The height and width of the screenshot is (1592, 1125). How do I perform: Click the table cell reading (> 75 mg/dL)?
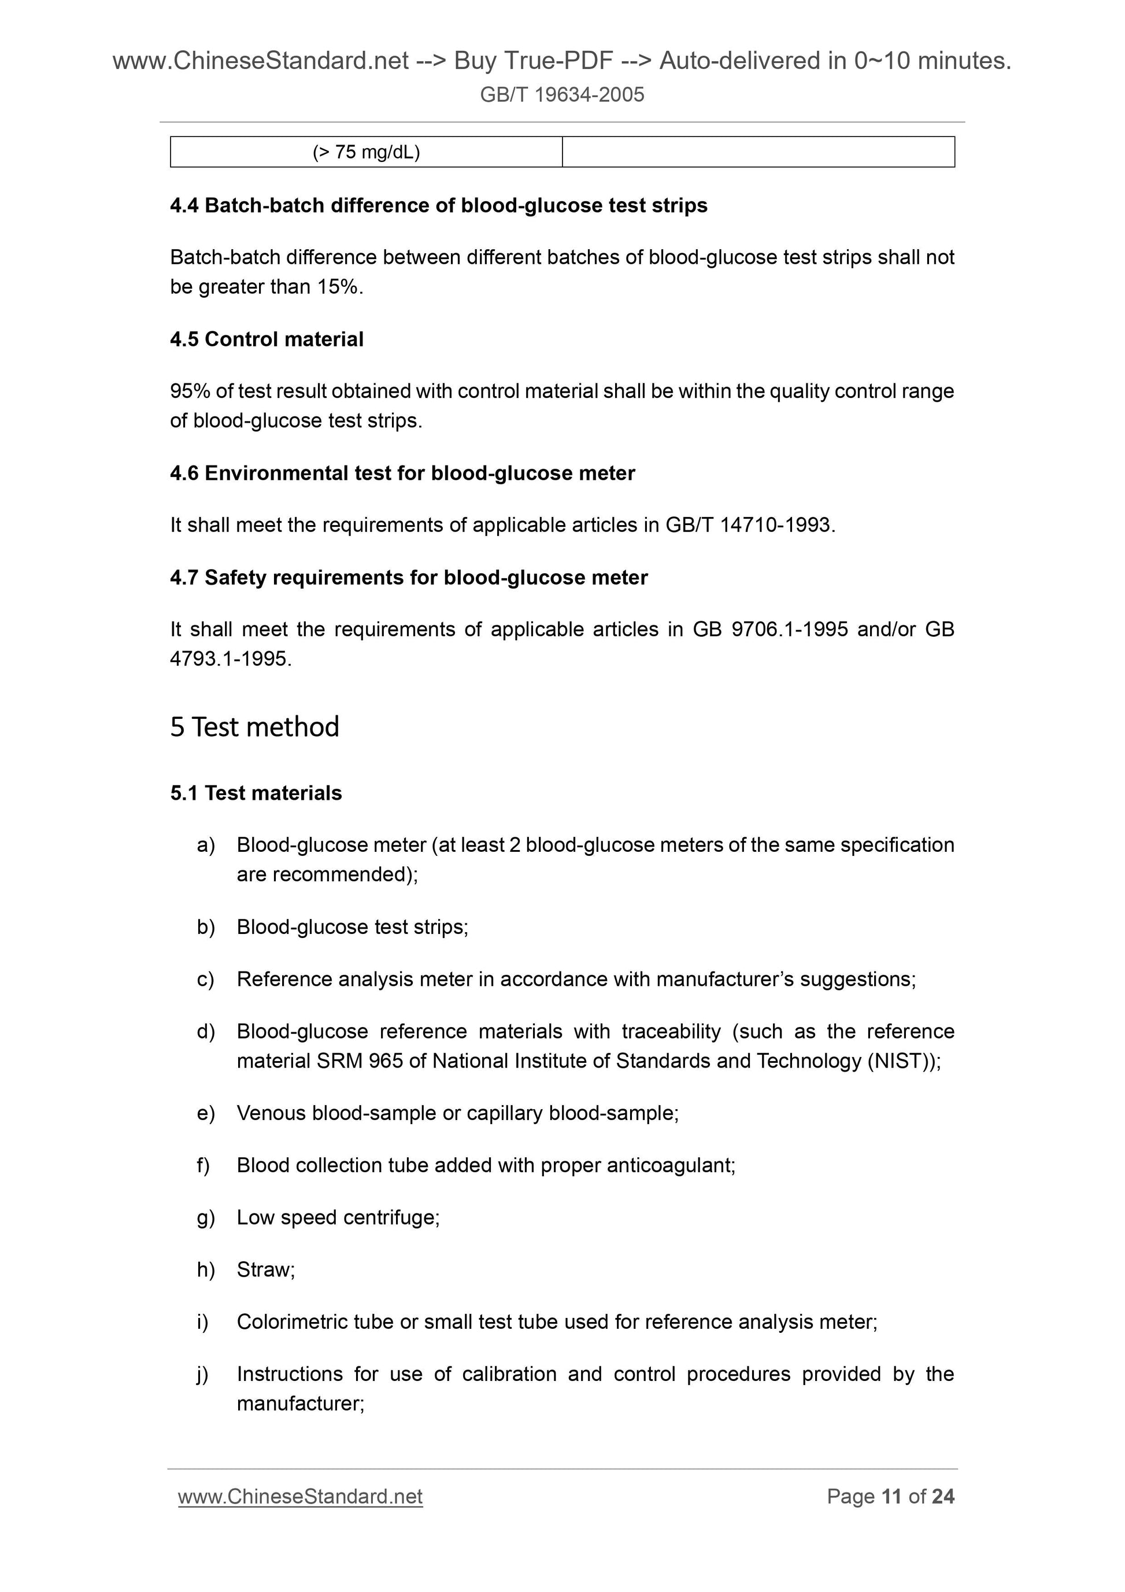click(366, 152)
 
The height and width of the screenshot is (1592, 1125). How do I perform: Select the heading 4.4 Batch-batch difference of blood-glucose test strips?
click(438, 205)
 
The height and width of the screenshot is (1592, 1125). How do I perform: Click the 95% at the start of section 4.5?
click(190, 391)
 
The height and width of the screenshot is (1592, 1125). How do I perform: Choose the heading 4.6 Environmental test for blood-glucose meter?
click(402, 473)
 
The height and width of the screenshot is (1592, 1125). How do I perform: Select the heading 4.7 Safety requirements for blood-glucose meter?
click(408, 578)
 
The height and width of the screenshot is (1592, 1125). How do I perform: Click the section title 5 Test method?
click(254, 727)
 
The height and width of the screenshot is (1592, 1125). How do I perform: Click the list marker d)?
click(206, 1032)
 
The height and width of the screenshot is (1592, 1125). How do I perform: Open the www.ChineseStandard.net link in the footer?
click(300, 1497)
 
